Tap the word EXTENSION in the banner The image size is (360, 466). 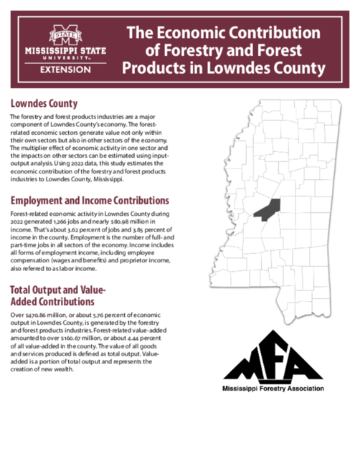(x=65, y=70)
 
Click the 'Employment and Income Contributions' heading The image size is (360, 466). (x=90, y=200)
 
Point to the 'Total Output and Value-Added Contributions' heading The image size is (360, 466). (x=58, y=298)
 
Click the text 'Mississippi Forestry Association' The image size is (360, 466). (x=273, y=388)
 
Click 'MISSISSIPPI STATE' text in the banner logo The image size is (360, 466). (x=65, y=52)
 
